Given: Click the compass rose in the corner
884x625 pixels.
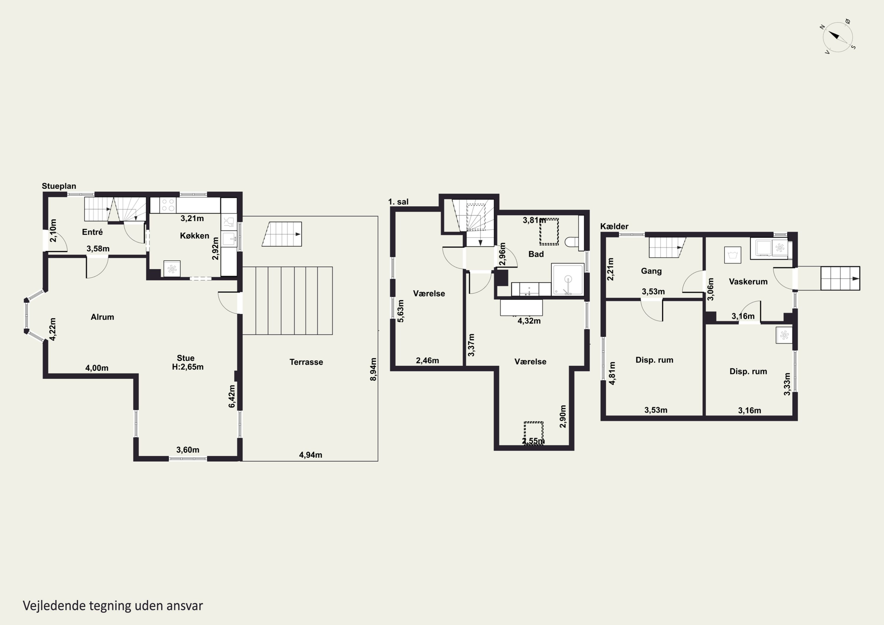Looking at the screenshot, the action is point(837,37).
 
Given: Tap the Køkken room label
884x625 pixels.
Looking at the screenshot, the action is point(194,236).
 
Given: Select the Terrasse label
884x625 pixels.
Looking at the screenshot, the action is point(306,362).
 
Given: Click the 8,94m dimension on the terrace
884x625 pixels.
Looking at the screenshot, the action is point(373,369).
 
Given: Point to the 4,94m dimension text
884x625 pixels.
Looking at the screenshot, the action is point(310,455).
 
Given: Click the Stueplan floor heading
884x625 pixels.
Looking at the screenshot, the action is point(59,186).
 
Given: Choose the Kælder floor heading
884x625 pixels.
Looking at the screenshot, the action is point(614,226).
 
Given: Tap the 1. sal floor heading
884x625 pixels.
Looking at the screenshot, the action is point(398,202).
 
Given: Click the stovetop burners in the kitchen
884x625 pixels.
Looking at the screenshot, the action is point(168,205).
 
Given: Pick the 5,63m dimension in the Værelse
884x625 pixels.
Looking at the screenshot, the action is point(400,311).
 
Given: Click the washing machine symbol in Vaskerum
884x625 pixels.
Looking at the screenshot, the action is point(732,255).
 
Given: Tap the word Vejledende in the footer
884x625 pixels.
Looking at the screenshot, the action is point(54,606).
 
